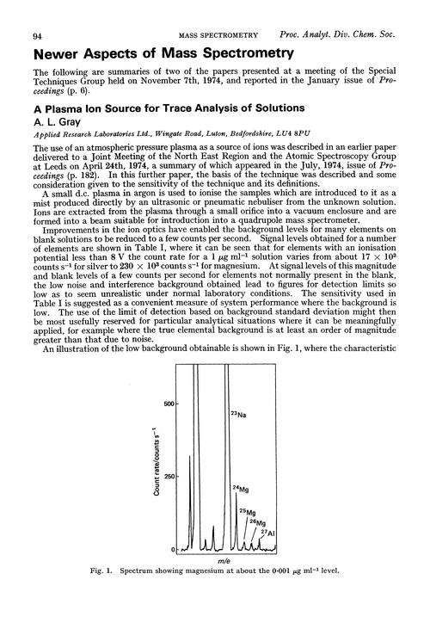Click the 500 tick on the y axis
click(x=169, y=404)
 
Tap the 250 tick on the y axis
click(x=169, y=477)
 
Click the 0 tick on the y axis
click(x=175, y=549)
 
